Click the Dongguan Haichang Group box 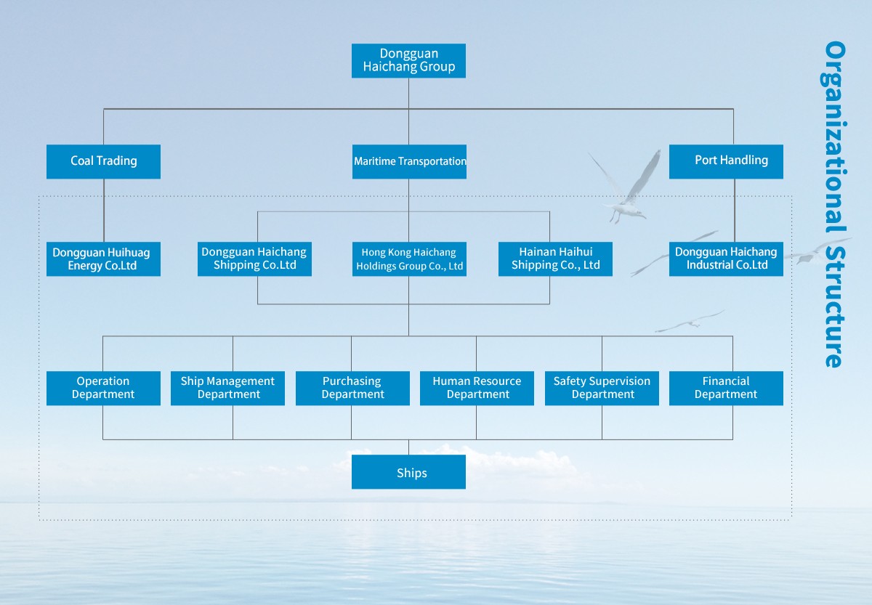tap(408, 60)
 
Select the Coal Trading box tap(103, 161)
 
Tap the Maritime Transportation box tap(409, 161)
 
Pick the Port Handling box tap(726, 161)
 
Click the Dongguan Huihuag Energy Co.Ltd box tap(103, 259)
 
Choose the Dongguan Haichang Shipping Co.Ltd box tap(254, 259)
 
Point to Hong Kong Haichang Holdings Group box tap(409, 259)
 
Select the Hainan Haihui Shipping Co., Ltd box tap(555, 259)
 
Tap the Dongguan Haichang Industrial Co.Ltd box tap(726, 259)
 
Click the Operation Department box tap(103, 388)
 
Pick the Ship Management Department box tap(228, 388)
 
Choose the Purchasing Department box tap(352, 388)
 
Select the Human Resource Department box tap(477, 388)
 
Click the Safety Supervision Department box tap(602, 388)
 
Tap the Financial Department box tap(726, 388)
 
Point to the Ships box tap(408, 472)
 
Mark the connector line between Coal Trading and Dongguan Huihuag tap(104, 211)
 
